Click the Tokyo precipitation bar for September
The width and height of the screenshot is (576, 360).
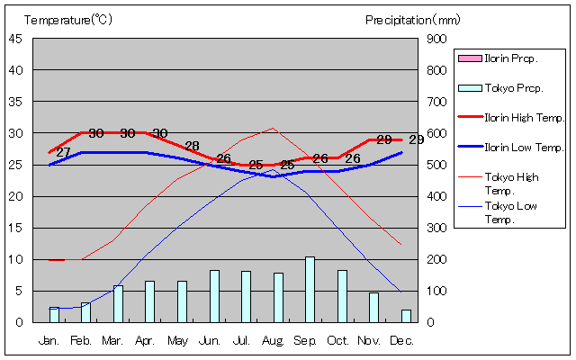point(310,290)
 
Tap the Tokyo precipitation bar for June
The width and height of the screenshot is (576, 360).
point(214,296)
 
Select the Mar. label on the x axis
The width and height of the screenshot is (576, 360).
point(112,341)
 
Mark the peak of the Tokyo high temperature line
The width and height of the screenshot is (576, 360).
point(273,128)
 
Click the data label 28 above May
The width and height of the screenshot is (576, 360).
point(192,146)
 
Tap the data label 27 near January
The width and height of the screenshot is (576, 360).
point(63,152)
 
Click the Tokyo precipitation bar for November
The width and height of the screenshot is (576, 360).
point(373,307)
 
